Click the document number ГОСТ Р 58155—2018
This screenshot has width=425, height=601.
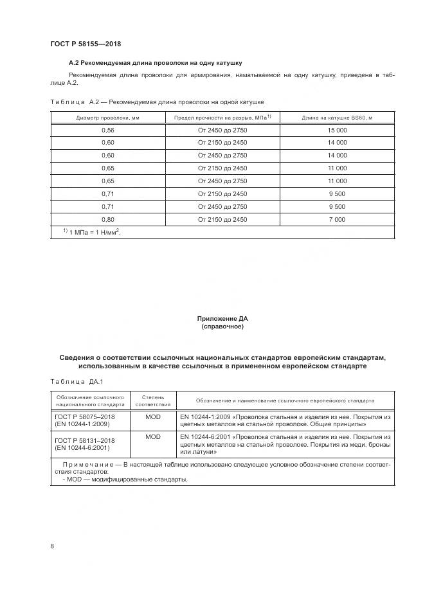pyautogui.click(x=86, y=44)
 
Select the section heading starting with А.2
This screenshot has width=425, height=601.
pyautogui.click(x=155, y=63)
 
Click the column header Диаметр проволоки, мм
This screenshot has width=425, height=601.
pyautogui.click(x=107, y=118)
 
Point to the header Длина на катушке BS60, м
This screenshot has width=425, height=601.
pyautogui.click(x=337, y=118)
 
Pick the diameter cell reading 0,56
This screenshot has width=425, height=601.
pyautogui.click(x=107, y=130)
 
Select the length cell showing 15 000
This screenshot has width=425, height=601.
pyautogui.click(x=337, y=130)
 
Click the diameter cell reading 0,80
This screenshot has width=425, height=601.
pyautogui.click(x=107, y=219)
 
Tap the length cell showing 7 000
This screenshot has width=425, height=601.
pyautogui.click(x=337, y=219)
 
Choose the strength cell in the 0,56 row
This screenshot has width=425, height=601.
pyautogui.click(x=222, y=130)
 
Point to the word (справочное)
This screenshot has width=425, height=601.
pyautogui.click(x=222, y=327)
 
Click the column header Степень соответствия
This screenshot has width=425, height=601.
pyautogui.click(x=153, y=401)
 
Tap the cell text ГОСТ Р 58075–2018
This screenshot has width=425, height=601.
pyautogui.click(x=85, y=417)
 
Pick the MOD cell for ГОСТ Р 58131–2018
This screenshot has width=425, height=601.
pyautogui.click(x=153, y=437)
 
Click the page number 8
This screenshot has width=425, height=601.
pyautogui.click(x=52, y=546)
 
